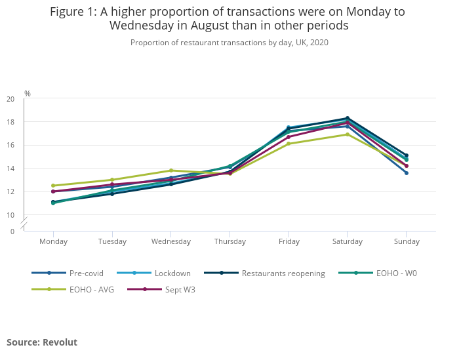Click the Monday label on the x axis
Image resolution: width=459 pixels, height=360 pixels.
pos(53,241)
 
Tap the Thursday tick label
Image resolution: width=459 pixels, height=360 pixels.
pos(229,241)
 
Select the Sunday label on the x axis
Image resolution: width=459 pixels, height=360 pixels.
pos(407,241)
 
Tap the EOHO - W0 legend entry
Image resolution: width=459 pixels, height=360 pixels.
pos(396,273)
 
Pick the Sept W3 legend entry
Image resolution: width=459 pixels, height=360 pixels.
pos(180,289)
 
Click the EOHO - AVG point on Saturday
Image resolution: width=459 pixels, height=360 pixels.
pos(348,134)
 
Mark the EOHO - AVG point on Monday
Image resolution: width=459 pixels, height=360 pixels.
pos(53,186)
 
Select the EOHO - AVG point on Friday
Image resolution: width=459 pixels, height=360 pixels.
pos(289,144)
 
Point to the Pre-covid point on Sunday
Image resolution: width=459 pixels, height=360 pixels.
pos(407,173)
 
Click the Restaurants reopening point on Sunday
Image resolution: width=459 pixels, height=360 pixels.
pos(407,155)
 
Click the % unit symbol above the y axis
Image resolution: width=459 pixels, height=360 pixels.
pos(28,94)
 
